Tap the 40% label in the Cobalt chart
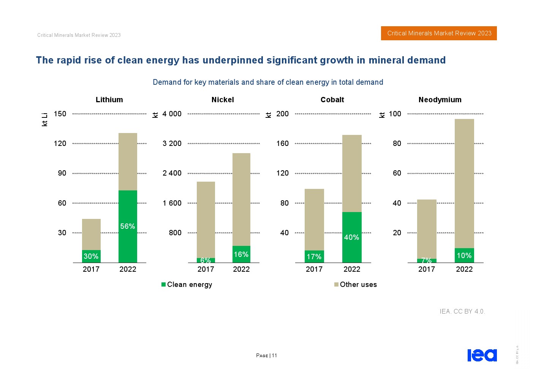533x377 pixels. click(351, 237)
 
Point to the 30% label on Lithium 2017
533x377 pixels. click(91, 257)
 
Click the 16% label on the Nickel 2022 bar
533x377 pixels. click(241, 254)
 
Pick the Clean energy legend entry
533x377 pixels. click(187, 285)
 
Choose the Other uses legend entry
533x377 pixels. click(356, 285)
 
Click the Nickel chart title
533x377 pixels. click(223, 100)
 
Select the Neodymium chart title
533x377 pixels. click(440, 100)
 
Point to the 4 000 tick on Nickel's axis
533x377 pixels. click(172, 114)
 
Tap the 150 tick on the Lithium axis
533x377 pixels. click(60, 114)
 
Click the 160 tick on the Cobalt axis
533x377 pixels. click(282, 143)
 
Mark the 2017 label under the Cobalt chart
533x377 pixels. click(314, 269)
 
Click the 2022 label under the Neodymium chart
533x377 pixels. click(464, 269)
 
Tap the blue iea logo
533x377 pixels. click(482, 355)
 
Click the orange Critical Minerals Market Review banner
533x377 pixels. click(439, 33)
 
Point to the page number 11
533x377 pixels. click(274, 356)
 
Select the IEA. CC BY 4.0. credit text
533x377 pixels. click(462, 311)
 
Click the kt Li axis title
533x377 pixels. click(44, 119)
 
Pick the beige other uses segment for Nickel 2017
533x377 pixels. click(206, 220)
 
